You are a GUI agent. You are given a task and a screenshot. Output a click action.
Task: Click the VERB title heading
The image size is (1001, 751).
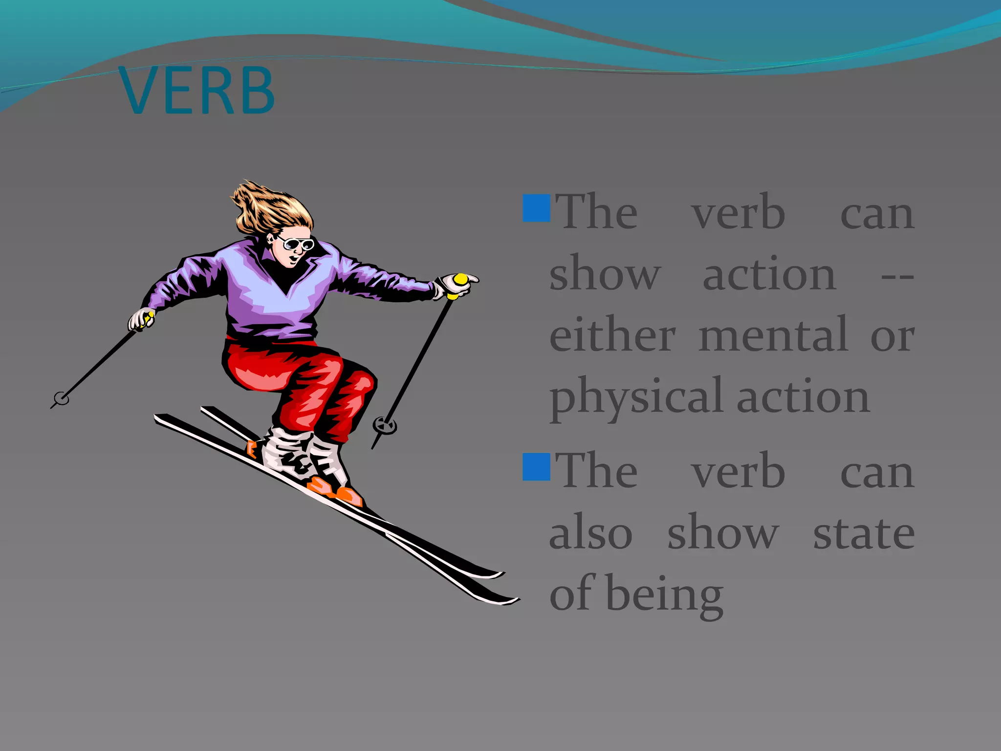[x=196, y=91]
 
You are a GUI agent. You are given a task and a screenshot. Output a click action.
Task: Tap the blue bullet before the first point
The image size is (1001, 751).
[x=536, y=208]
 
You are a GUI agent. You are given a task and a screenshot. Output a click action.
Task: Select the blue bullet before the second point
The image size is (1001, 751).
[x=536, y=467]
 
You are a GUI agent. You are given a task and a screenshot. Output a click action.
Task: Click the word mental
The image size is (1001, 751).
[x=773, y=335]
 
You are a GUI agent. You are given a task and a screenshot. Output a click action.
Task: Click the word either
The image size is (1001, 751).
[x=612, y=335]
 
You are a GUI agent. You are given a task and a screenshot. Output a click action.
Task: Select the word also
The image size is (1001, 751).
[x=590, y=533]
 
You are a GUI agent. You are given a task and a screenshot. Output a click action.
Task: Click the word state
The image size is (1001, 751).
[x=864, y=533]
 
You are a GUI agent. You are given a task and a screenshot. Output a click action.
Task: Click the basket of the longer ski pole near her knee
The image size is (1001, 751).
[x=385, y=425]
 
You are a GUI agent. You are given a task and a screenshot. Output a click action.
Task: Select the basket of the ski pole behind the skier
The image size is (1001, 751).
[x=62, y=398]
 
